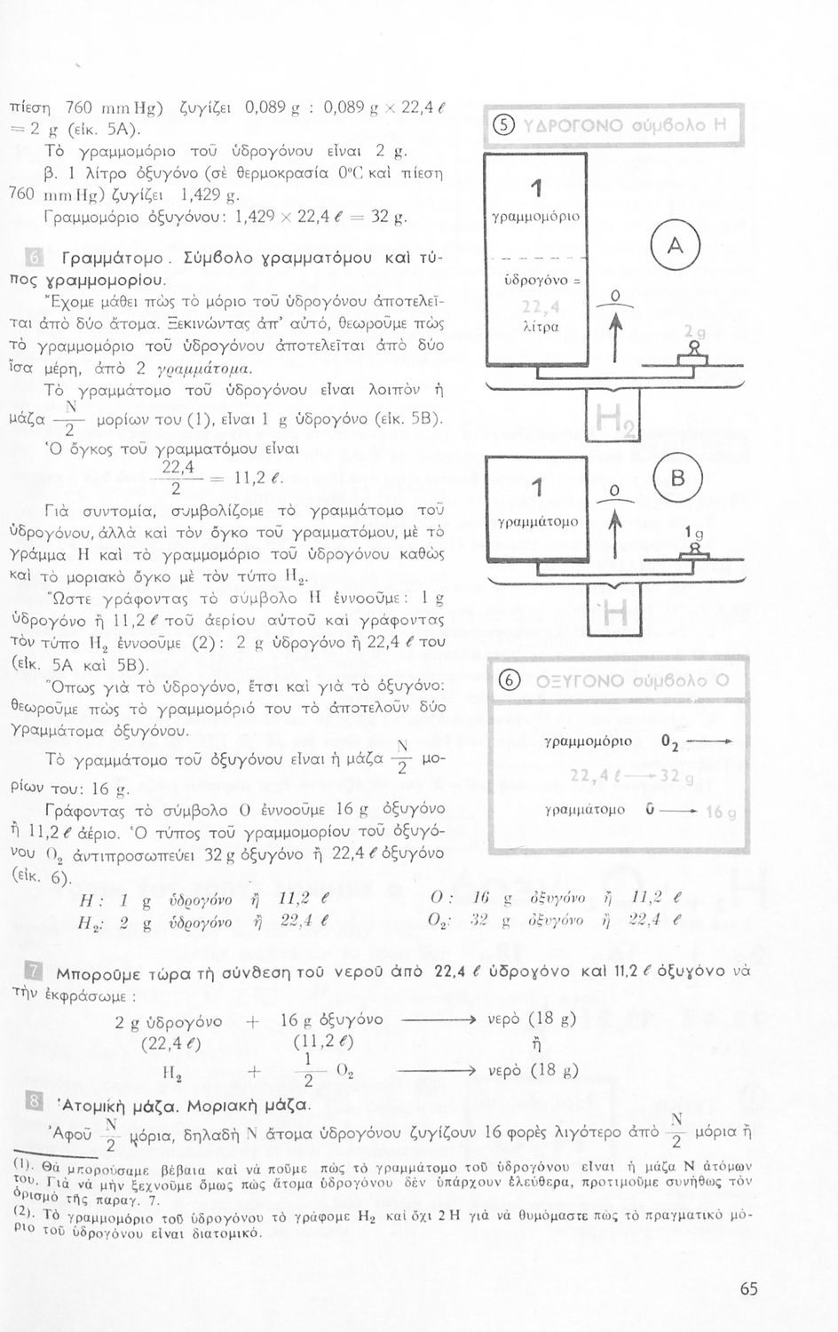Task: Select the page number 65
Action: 748,1288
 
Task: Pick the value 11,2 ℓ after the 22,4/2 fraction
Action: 259,479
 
